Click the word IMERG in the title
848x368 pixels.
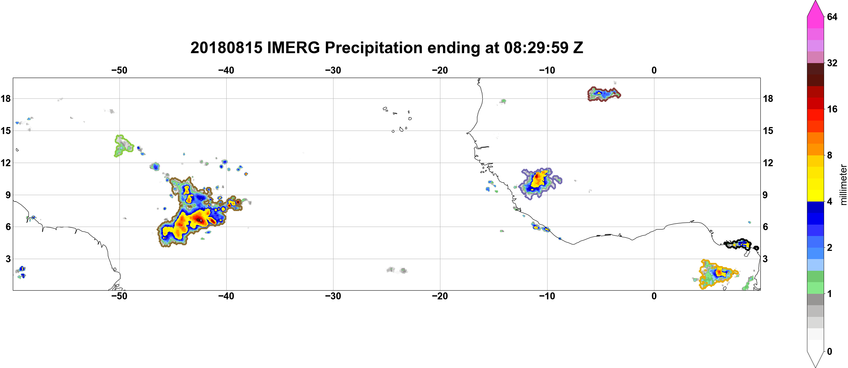[x=293, y=48]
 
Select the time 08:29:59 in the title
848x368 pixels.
[x=536, y=48]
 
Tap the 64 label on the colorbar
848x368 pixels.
[x=832, y=17]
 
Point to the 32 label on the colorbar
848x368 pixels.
[x=832, y=63]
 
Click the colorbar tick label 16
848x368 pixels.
[x=832, y=109]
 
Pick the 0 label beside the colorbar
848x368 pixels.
[x=829, y=352]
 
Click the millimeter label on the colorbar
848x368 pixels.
[x=843, y=185]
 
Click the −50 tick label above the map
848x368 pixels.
[x=119, y=70]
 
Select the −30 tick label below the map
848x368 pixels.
[x=333, y=296]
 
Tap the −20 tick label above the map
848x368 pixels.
[x=440, y=70]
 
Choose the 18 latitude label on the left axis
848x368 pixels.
[x=6, y=98]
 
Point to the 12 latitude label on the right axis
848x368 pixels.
[x=768, y=163]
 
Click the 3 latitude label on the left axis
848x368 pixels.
[x=8, y=259]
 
